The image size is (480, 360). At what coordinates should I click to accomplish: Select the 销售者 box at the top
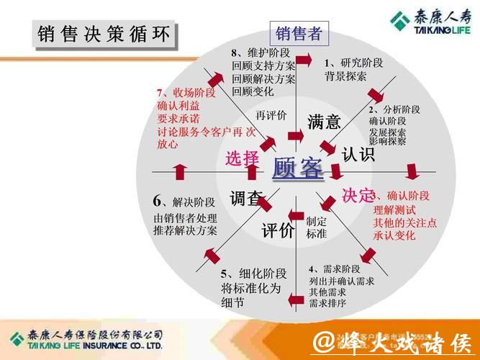[299, 33]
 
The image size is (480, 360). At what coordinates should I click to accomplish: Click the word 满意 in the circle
[324, 122]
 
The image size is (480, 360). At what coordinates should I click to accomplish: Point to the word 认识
[358, 154]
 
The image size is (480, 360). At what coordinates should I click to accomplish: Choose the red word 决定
[358, 195]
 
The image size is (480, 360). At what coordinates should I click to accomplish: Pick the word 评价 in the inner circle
[278, 230]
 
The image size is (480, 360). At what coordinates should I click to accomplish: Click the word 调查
[245, 199]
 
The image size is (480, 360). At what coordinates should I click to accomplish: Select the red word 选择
[242, 158]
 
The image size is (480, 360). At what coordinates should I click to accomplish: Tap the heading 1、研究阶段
[353, 62]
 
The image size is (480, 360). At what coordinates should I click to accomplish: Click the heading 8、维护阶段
[260, 53]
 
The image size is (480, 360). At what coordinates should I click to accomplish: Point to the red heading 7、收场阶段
[186, 93]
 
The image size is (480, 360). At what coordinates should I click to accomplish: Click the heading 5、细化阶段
[253, 273]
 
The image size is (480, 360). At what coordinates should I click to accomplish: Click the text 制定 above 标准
[317, 222]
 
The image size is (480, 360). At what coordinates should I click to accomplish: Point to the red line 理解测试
[394, 210]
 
